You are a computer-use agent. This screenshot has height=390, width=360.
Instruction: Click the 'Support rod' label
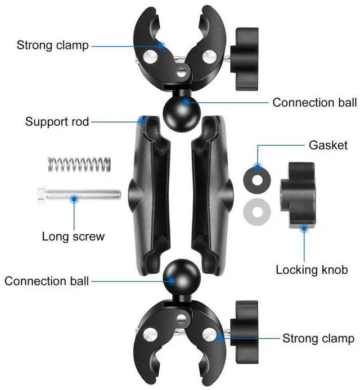(x=57, y=121)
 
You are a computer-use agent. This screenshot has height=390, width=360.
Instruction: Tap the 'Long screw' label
(x=73, y=236)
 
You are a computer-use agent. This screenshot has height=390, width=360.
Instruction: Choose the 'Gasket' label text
(x=328, y=145)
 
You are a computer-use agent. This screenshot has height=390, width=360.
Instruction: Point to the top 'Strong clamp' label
(x=53, y=45)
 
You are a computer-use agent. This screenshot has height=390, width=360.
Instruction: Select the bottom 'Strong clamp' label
(x=318, y=338)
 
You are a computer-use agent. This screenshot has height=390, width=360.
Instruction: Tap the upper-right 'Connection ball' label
(x=314, y=103)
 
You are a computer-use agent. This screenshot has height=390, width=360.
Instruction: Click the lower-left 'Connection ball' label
(x=47, y=281)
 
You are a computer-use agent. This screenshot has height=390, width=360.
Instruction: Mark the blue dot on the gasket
(x=258, y=167)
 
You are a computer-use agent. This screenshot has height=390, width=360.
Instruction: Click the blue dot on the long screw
(x=73, y=198)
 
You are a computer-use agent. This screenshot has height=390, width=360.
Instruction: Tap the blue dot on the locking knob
(x=304, y=228)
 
